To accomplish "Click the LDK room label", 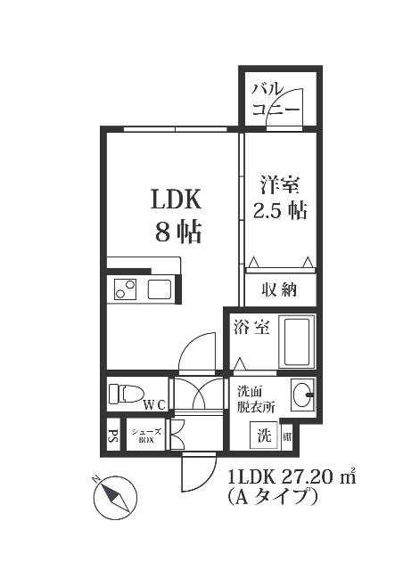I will point(175,198).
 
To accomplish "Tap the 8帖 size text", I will point(177,232).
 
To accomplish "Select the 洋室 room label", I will point(280,186).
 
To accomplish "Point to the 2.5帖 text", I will point(280,212).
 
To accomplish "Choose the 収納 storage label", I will point(279,289).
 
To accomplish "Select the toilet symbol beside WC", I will point(127,393).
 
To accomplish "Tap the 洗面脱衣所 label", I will point(255,397).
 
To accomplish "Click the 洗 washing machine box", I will point(265,436).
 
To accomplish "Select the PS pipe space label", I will point(113,436).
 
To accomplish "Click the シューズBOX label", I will point(145,436).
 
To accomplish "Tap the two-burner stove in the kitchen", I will point(124,289).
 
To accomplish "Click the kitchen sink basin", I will point(159,289).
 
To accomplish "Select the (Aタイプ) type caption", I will point(273,497).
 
